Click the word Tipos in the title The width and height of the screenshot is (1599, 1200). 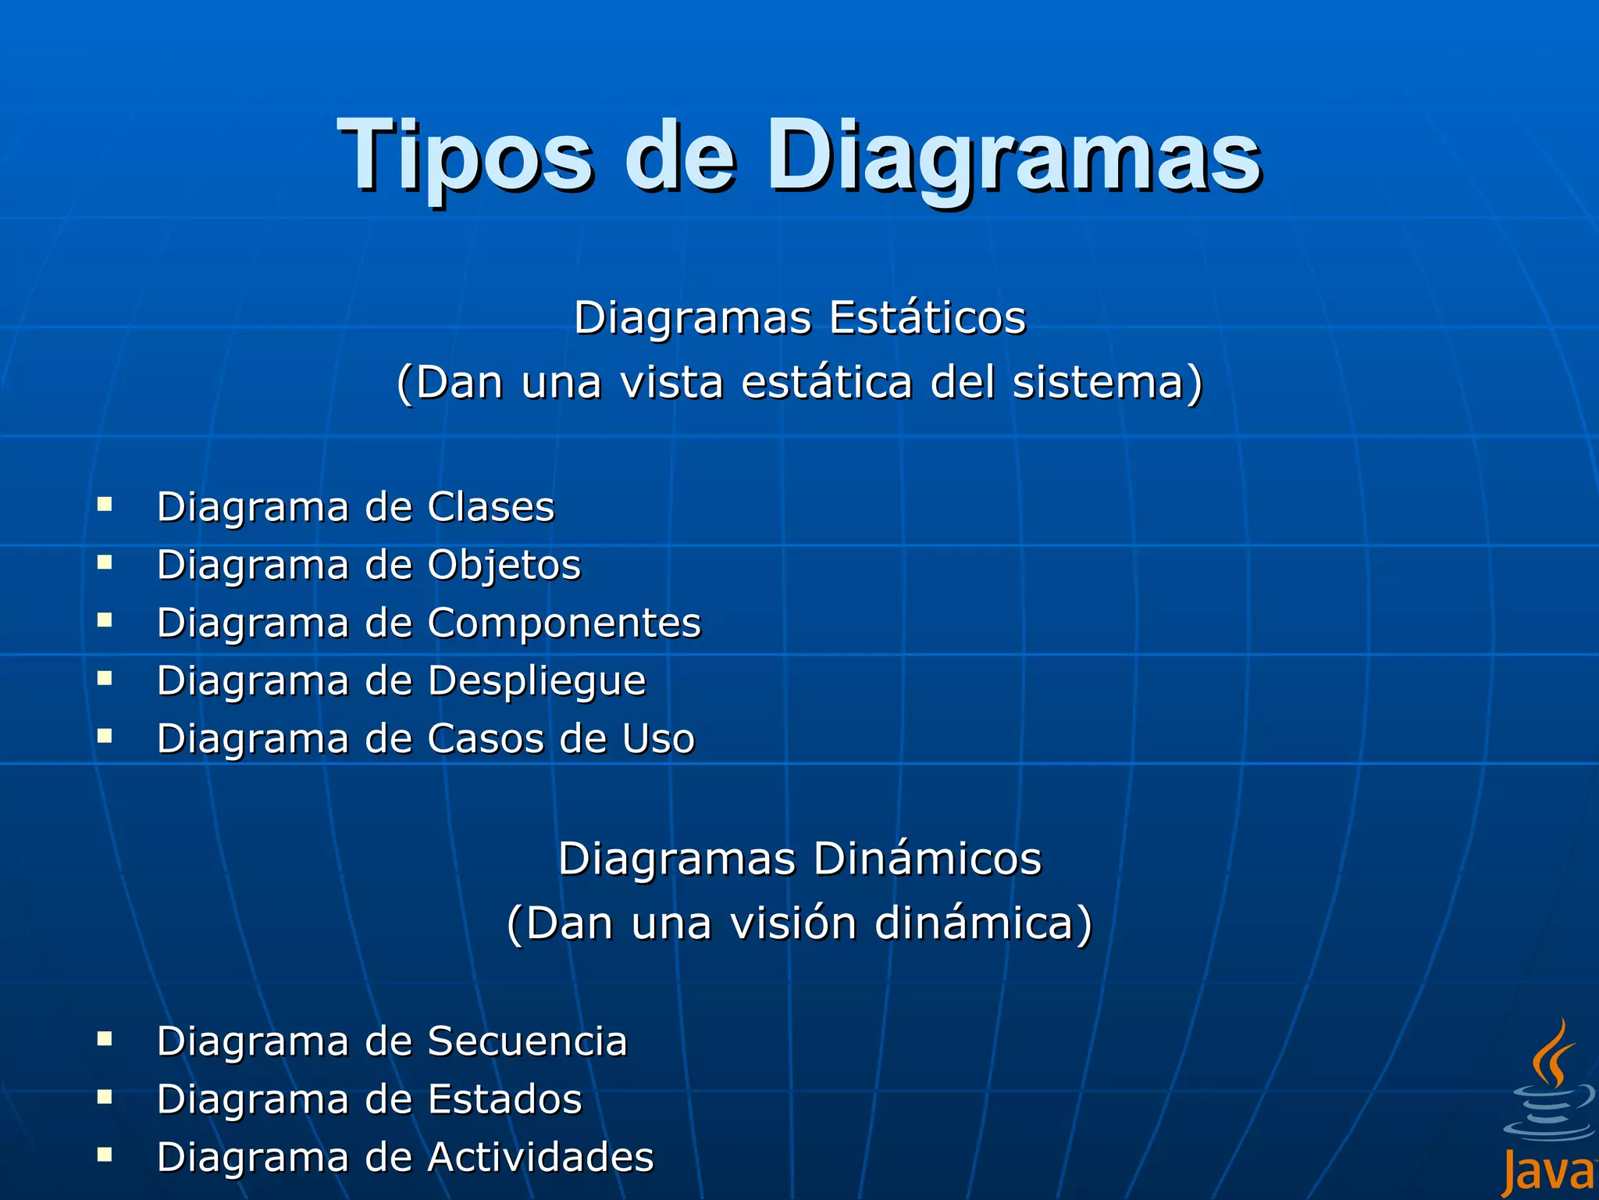tap(465, 156)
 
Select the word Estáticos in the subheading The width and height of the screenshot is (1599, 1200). tap(928, 318)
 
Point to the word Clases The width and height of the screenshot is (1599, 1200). tap(491, 507)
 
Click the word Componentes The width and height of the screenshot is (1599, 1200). tap(564, 623)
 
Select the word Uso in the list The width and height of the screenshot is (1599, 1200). tap(658, 739)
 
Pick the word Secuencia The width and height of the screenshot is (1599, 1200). tap(528, 1041)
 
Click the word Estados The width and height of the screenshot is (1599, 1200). tap(505, 1099)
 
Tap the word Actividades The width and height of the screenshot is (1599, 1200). tap(541, 1157)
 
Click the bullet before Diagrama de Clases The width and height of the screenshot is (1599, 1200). tap(105, 504)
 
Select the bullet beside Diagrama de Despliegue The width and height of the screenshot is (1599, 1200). tap(105, 678)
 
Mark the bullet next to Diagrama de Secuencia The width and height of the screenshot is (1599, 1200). tap(105, 1038)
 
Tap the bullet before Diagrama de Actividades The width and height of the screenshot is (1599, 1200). tap(105, 1154)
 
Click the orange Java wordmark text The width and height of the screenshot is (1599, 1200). tap(1549, 1173)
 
